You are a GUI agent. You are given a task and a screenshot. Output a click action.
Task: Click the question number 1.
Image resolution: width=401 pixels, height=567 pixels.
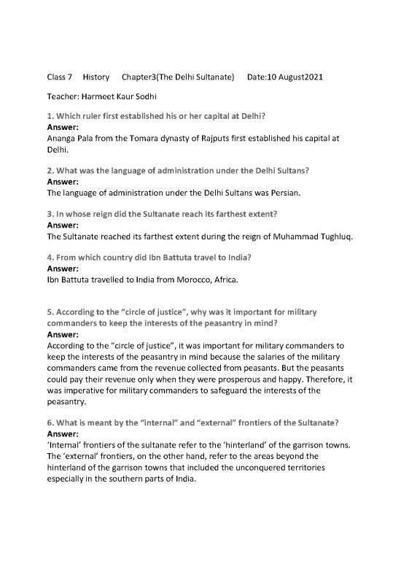(50, 115)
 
